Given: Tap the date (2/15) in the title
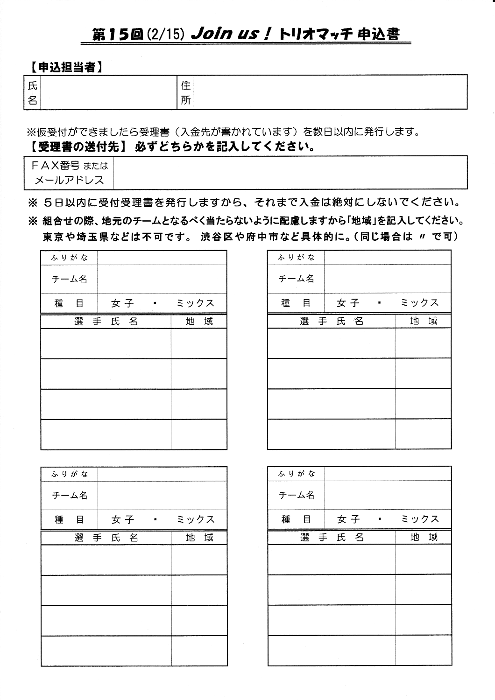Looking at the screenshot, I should [164, 35].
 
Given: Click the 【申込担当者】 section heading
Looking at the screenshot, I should [65, 67].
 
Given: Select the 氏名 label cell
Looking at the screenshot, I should [32, 92].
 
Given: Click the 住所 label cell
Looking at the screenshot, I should [185, 92].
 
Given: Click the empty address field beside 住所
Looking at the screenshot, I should [330, 92].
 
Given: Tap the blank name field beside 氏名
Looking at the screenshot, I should [108, 92].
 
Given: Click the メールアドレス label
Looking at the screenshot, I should [69, 180].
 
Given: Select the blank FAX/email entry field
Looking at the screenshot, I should [290, 172].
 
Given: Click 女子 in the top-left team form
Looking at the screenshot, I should [122, 303].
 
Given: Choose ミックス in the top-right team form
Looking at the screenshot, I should [420, 303].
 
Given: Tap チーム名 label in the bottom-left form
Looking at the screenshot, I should [70, 495].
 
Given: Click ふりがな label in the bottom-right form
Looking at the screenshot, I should [297, 474].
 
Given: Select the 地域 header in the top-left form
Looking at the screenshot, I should [199, 321].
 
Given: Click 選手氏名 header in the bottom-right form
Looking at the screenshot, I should [332, 537].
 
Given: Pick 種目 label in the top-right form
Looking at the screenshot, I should [296, 303].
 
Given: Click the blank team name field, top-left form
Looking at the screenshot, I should [162, 279].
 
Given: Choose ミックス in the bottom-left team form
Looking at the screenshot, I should [196, 519].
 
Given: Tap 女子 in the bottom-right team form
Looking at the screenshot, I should [348, 519].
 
